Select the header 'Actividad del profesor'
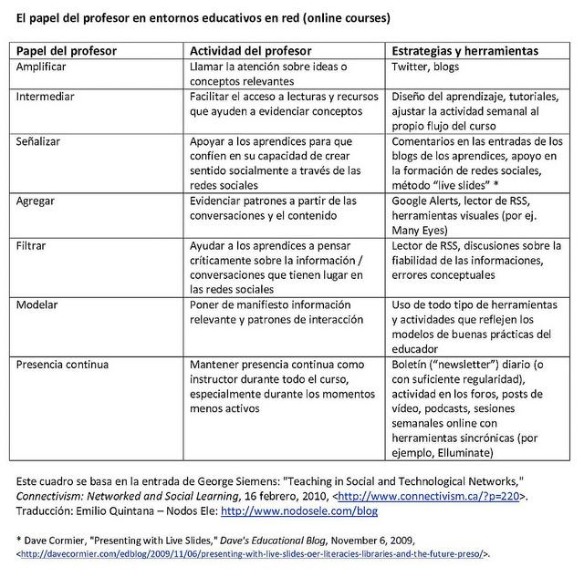pos(250,51)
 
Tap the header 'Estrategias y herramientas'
pos(464,51)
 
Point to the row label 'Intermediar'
pos(46,96)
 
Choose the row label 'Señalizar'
pos(42,141)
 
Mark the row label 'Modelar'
pos(39,305)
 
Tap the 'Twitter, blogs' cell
pos(425,67)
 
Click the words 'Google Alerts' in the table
pos(428,201)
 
